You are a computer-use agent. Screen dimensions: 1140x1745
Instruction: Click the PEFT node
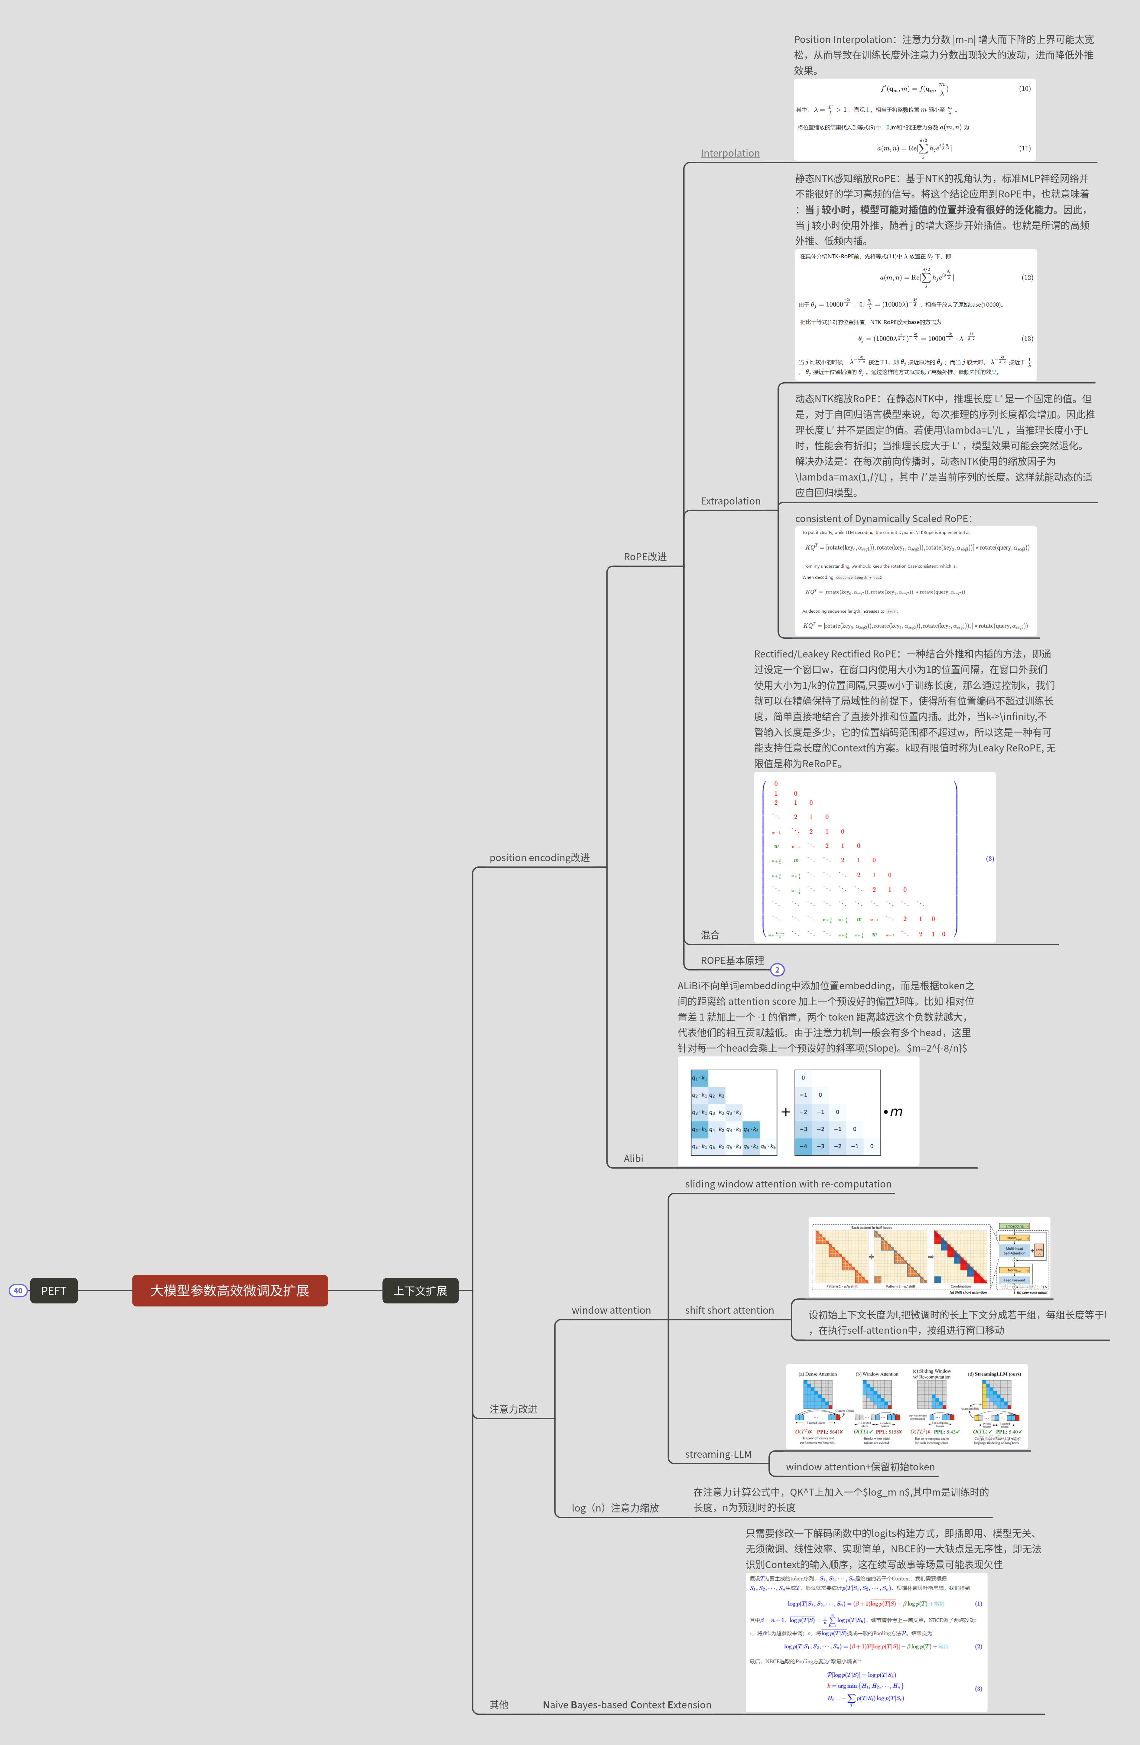(x=54, y=1290)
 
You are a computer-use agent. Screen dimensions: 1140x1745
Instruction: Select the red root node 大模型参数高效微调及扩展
(x=229, y=1290)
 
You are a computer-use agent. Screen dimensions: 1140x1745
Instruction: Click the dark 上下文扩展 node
(x=420, y=1290)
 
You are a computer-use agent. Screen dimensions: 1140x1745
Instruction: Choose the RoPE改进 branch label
(x=645, y=556)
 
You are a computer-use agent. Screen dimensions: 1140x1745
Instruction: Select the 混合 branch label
(x=710, y=935)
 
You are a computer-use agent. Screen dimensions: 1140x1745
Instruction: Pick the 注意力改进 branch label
(x=513, y=1408)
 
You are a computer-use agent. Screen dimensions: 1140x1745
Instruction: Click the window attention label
(x=611, y=1310)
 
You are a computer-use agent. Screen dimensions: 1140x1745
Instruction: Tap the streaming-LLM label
(x=718, y=1454)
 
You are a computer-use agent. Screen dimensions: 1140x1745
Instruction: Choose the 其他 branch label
(x=499, y=1705)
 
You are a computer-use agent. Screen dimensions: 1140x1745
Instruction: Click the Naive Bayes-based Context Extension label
(x=627, y=1705)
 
